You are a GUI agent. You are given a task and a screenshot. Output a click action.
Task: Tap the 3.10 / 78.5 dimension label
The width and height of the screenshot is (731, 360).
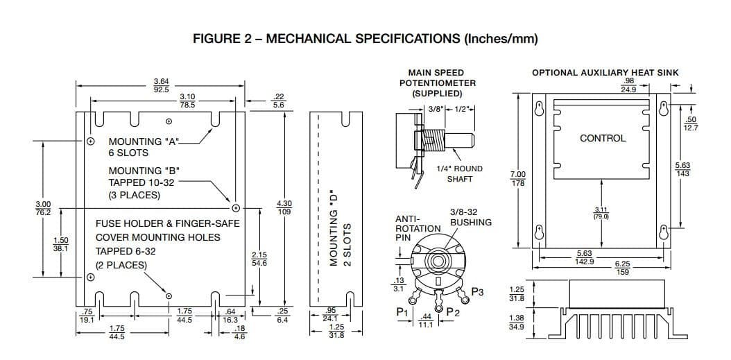pos(187,101)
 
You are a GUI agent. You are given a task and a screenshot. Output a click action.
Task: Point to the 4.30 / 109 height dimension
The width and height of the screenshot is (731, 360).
pos(284,207)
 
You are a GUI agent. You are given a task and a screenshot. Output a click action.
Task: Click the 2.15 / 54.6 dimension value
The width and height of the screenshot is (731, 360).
pos(259,259)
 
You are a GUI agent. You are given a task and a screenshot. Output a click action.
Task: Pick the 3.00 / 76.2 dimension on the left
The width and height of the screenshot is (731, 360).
pos(43,207)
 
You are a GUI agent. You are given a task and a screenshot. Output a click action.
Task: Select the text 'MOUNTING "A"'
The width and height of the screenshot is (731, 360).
pos(144,142)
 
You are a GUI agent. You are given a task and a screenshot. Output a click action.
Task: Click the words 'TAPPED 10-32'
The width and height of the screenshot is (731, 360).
pos(141,182)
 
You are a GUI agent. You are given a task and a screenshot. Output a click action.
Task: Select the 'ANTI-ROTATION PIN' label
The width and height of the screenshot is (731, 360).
pos(417,228)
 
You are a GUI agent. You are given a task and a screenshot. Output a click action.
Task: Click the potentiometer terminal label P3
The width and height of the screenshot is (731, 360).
pos(477,291)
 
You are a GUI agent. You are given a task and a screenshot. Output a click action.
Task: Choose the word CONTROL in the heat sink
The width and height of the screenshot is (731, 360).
pos(602,138)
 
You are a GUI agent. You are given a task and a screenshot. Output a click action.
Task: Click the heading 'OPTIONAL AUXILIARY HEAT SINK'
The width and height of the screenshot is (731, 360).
pos(605,72)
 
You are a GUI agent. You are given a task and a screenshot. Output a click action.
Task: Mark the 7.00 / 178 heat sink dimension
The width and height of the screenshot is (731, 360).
pos(517,178)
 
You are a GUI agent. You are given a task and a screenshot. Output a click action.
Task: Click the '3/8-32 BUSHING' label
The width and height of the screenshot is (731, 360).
pos(470,217)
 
